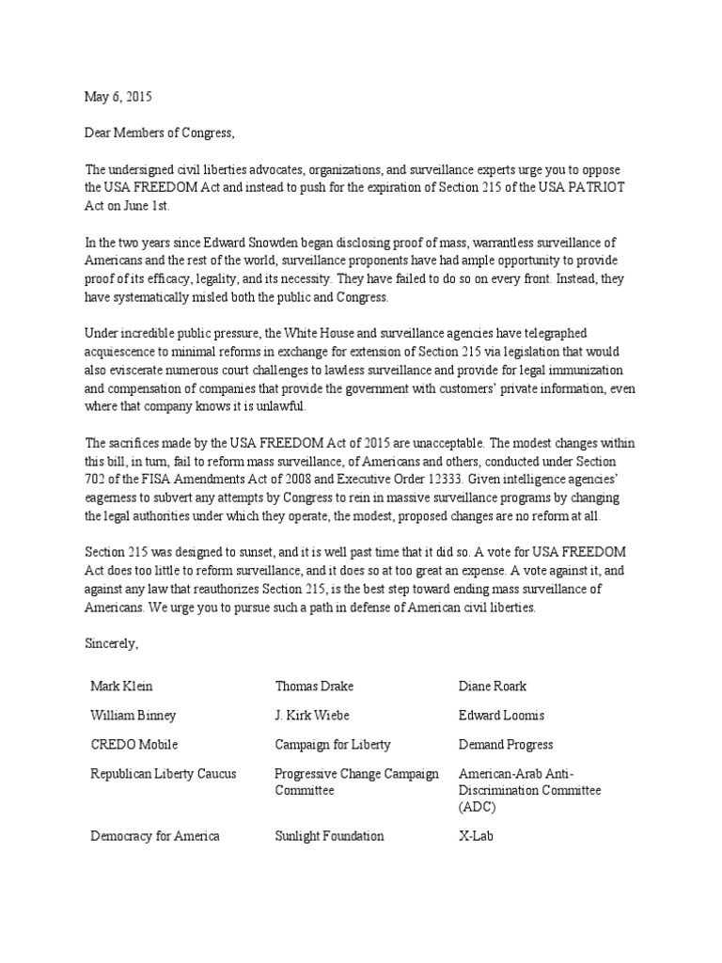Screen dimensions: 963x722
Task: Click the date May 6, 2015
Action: coord(118,97)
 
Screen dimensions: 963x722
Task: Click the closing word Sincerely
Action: coord(111,643)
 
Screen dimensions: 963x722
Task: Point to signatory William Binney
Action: coord(133,715)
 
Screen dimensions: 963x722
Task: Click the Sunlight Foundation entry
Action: coord(329,835)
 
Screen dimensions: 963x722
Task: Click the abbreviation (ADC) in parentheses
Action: coord(479,807)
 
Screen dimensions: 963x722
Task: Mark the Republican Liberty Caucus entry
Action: coord(164,773)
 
